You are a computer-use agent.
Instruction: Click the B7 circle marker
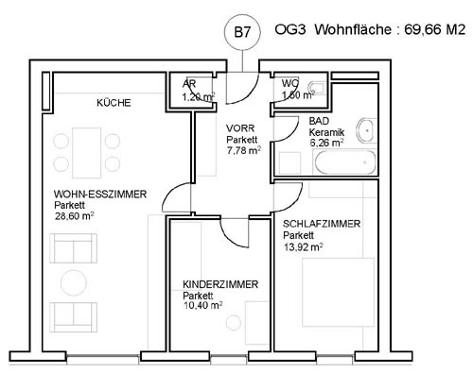(242, 32)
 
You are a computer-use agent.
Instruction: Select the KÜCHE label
(114, 103)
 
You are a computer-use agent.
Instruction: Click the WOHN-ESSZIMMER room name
(100, 194)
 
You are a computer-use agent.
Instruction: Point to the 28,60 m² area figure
(75, 216)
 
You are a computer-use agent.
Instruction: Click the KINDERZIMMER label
(220, 284)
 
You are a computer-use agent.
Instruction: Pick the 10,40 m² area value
(203, 305)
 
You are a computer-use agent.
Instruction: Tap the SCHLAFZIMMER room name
(322, 224)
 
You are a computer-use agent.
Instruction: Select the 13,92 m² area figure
(303, 246)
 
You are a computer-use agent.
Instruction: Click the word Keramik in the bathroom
(326, 132)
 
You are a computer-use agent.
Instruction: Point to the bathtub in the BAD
(345, 162)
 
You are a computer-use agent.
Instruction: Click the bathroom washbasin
(366, 130)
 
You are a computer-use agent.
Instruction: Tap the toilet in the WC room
(317, 88)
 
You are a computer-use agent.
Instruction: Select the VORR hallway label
(240, 128)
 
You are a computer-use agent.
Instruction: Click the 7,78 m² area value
(244, 150)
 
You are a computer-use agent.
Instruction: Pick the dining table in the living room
(87, 153)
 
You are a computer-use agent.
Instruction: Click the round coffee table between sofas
(74, 282)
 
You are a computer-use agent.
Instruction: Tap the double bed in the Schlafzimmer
(339, 293)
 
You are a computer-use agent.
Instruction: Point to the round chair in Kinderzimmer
(234, 323)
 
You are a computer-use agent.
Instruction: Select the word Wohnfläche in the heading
(353, 30)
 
